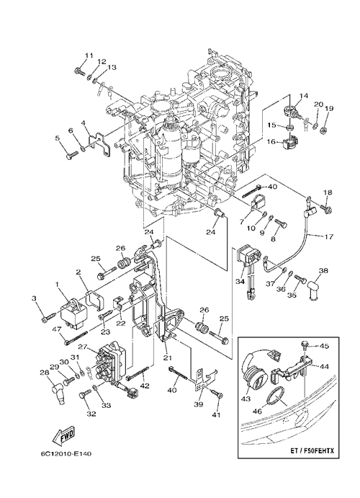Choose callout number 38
[323, 271]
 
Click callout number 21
[168, 358]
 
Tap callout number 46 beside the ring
[258, 412]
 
